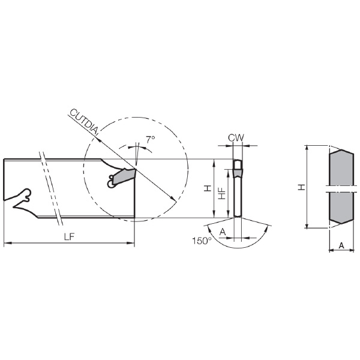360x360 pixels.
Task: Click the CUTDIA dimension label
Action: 84,121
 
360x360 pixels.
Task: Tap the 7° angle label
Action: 151,140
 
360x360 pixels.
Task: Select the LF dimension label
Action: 70,237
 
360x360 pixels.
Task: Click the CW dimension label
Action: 236,138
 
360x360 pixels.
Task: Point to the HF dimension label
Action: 222,193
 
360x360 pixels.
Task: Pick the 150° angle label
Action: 202,241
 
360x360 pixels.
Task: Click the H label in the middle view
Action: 208,188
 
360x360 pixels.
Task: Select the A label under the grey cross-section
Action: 341,245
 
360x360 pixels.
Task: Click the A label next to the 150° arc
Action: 223,232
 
